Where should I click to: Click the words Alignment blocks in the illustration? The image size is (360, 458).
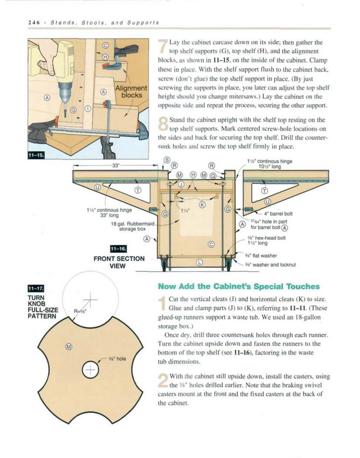(131, 92)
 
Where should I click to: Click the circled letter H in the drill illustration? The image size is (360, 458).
(105, 57)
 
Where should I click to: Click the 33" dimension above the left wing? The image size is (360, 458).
(115, 166)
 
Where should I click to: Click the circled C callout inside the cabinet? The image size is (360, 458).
(211, 244)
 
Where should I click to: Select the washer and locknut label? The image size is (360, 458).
(270, 265)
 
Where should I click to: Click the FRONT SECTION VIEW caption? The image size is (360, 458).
(119, 262)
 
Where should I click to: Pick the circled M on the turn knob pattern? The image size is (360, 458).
(68, 347)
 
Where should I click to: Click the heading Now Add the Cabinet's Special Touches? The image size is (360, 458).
(239, 287)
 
